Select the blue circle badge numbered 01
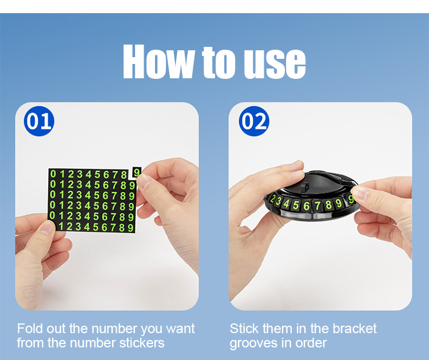[39, 121]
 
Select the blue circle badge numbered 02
[254, 121]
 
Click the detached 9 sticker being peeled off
[137, 173]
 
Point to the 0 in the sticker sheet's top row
[53, 174]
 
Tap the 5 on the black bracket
[296, 205]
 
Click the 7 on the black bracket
[317, 206]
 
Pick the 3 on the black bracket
[279, 202]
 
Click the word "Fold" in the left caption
[30, 329]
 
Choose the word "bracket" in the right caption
[355, 329]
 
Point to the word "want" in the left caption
[180, 329]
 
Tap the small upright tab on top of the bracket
[304, 187]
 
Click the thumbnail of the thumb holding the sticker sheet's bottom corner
[47, 227]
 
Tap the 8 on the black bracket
[328, 205]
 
